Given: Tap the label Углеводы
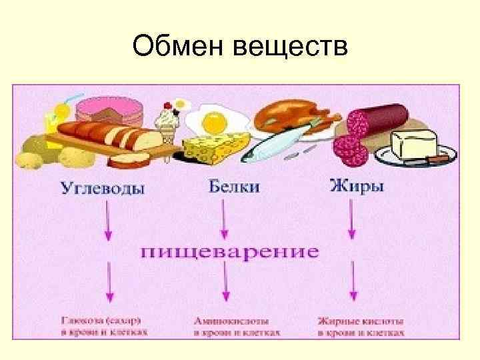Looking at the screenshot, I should pyautogui.click(x=103, y=188).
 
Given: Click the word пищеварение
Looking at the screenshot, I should pyautogui.click(x=229, y=252).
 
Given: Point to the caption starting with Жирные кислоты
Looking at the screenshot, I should pyautogui.click(x=361, y=325).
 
